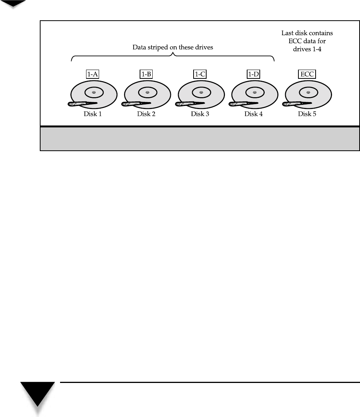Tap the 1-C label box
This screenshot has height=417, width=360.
[200, 75]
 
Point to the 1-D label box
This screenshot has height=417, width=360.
[253, 75]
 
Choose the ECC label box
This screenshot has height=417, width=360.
[307, 75]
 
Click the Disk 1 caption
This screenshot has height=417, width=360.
[93, 114]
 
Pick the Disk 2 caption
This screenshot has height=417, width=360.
[147, 114]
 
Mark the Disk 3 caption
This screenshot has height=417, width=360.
[200, 114]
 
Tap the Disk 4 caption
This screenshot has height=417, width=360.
[253, 114]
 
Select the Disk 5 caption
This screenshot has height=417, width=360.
[307, 114]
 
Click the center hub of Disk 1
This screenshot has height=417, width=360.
[94, 92]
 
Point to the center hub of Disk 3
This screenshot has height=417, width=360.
[200, 92]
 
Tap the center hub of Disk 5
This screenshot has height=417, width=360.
[308, 92]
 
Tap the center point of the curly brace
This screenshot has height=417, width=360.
[173, 55]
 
